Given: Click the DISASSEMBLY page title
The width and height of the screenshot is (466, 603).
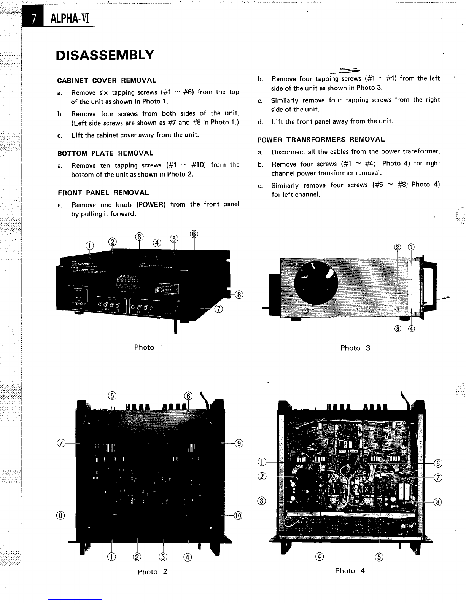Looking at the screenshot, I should pyautogui.click(x=105, y=55).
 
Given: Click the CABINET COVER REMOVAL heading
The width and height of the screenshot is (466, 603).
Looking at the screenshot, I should pyautogui.click(x=107, y=80).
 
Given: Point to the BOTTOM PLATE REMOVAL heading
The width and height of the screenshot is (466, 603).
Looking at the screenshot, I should pyautogui.click(x=105, y=153).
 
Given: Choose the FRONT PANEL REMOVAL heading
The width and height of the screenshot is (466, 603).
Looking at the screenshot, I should pyautogui.click(x=103, y=193).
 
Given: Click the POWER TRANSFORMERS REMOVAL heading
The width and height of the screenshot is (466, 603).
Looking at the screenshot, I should pyautogui.click(x=321, y=140).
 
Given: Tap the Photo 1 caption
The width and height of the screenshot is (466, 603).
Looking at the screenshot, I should pyautogui.click(x=149, y=347).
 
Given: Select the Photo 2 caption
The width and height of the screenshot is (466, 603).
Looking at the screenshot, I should pyautogui.click(x=152, y=572).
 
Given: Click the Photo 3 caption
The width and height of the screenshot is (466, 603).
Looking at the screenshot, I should pyautogui.click(x=355, y=348).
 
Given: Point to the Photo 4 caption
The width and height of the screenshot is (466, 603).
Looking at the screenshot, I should pyautogui.click(x=350, y=571).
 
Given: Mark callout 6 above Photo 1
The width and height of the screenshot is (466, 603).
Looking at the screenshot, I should pyautogui.click(x=194, y=234).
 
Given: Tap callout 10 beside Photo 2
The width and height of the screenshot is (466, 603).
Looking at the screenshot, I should pyautogui.click(x=238, y=516).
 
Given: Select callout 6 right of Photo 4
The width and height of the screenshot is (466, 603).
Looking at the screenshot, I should pyautogui.click(x=438, y=463).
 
